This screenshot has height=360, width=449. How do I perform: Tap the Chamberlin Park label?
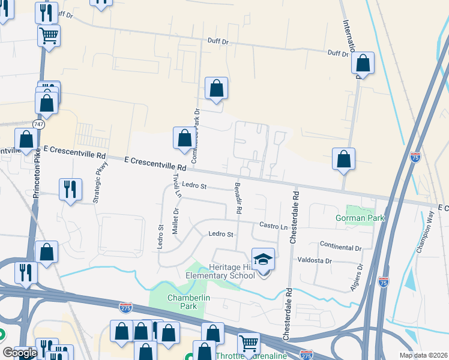tap(182, 301)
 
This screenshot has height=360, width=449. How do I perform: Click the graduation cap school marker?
tap(263, 260)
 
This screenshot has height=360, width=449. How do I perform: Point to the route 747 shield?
tap(39, 124)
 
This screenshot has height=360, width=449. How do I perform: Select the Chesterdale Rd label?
tap(294, 218)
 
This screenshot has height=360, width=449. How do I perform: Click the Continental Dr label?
tap(341, 247)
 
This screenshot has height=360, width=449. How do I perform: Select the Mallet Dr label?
tap(176, 222)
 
